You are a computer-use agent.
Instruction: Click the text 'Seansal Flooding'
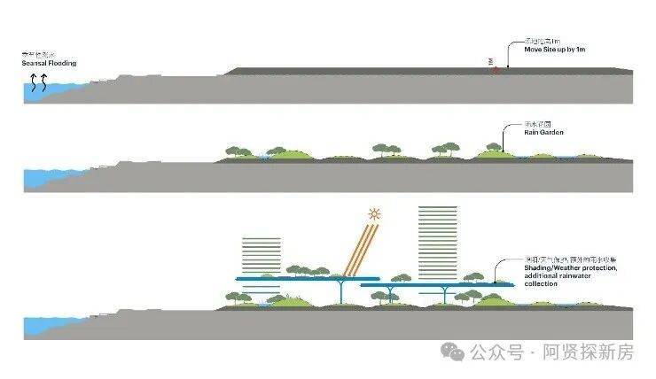[x=50, y=64]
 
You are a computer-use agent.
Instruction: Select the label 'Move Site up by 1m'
[x=555, y=50]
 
